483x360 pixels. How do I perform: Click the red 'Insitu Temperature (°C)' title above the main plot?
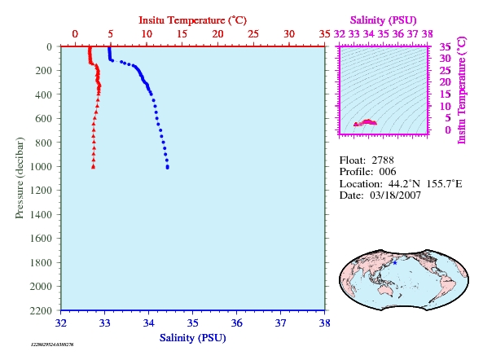click(x=192, y=20)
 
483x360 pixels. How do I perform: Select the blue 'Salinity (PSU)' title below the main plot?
click(x=192, y=338)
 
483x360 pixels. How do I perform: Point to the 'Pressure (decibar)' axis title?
click(x=20, y=178)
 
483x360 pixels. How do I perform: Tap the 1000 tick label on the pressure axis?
click(x=41, y=167)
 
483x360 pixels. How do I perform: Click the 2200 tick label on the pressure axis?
click(x=41, y=310)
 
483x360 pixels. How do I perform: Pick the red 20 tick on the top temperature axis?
click(x=217, y=34)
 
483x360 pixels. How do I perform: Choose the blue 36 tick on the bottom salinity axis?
click(x=236, y=323)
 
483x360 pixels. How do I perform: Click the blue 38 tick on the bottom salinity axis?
click(x=325, y=323)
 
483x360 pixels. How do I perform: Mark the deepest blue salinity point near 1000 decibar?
click(x=167, y=167)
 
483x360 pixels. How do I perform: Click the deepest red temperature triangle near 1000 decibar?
click(x=94, y=167)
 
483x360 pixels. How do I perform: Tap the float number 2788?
click(x=383, y=160)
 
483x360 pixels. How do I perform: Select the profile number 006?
click(x=388, y=172)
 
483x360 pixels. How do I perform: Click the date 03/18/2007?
click(x=395, y=195)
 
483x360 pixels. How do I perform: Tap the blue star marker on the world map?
click(x=395, y=263)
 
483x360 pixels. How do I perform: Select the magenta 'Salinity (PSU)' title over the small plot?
click(x=383, y=20)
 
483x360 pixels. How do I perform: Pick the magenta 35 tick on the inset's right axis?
click(x=445, y=47)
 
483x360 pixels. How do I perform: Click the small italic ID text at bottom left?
click(x=52, y=345)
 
